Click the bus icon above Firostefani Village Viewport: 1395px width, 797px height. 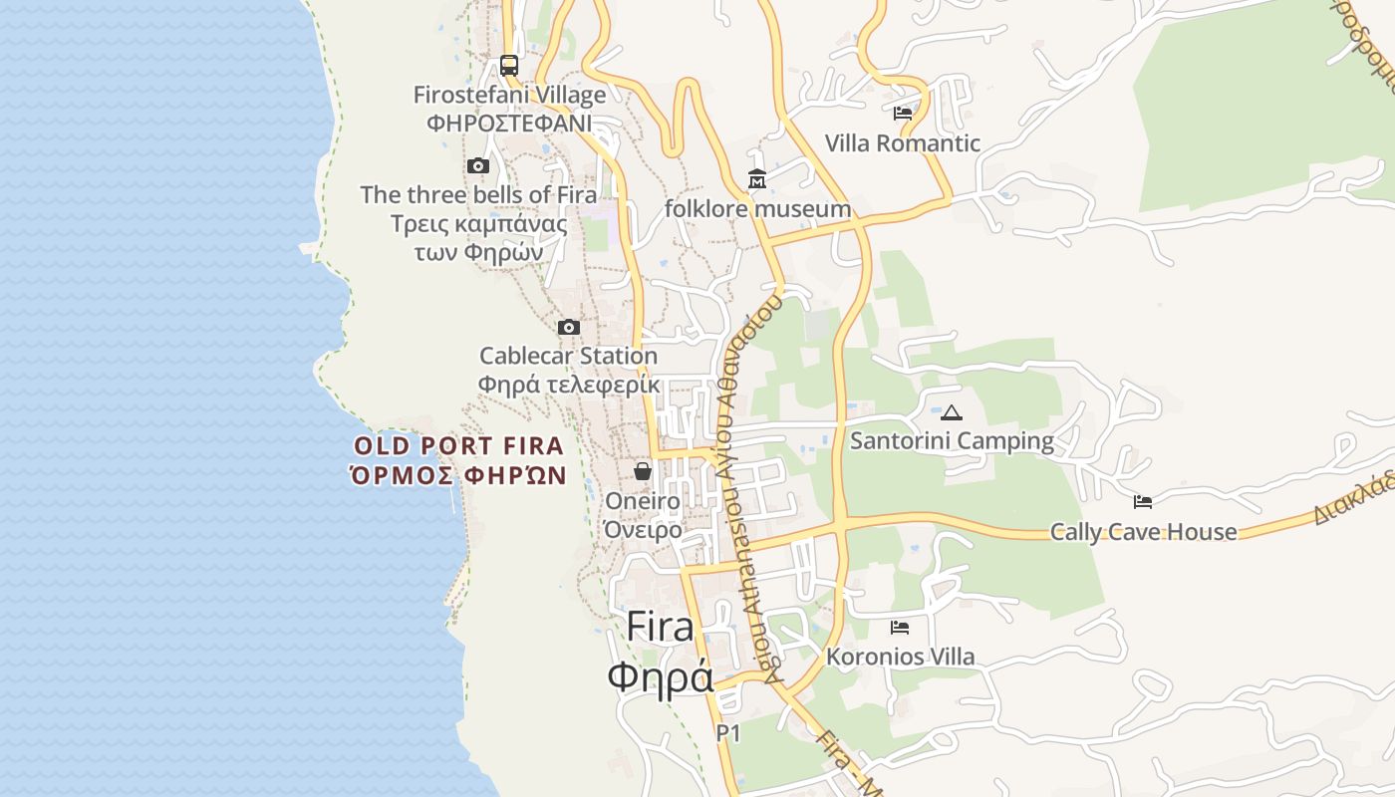(509, 66)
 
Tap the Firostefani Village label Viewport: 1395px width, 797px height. (509, 96)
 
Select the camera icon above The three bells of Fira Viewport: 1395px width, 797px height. (478, 166)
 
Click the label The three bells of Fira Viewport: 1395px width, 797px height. (478, 194)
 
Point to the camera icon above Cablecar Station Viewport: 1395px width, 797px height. (568, 328)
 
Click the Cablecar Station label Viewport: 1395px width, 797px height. (568, 356)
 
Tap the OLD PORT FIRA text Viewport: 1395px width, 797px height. (458, 446)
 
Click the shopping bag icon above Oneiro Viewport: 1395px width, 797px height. (643, 471)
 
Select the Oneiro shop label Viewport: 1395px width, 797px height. (643, 501)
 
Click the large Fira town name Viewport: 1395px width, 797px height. (660, 628)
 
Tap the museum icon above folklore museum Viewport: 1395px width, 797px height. (757, 180)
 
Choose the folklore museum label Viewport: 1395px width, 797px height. (757, 209)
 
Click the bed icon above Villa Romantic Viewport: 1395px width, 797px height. (903, 114)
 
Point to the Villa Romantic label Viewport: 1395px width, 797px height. (903, 143)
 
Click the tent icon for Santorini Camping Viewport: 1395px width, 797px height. (952, 412)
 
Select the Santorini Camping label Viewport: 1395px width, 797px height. (952, 440)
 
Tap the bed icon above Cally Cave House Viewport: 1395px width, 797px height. (1143, 502)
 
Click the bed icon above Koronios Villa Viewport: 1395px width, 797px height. (900, 628)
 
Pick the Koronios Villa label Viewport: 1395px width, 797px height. (900, 657)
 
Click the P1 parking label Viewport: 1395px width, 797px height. (728, 733)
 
